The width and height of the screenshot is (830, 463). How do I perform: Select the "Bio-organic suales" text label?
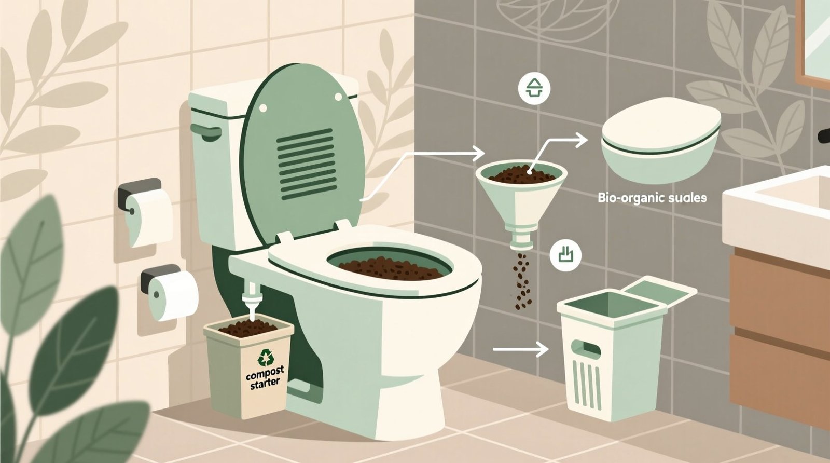click(x=652, y=198)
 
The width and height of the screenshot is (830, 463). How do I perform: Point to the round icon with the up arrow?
click(x=533, y=88)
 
